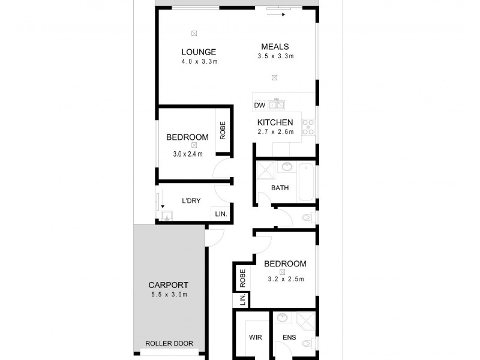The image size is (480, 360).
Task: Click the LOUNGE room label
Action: click(x=199, y=52)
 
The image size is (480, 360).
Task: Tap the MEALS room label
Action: click(x=275, y=47)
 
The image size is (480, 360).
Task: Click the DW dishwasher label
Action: click(x=259, y=106)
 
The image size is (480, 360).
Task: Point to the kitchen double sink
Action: click(x=276, y=106)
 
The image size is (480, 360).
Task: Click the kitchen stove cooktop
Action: click(x=308, y=127)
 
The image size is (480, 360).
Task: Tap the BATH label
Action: click(x=280, y=188)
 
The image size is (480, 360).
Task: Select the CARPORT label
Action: click(x=169, y=285)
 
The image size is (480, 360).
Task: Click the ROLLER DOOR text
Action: click(x=169, y=344)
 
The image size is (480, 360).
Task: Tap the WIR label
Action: click(x=256, y=337)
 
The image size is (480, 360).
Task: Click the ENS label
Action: click(x=289, y=337)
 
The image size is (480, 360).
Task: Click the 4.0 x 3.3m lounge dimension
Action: click(x=199, y=61)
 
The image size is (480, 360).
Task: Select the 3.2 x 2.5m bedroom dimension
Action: click(x=286, y=278)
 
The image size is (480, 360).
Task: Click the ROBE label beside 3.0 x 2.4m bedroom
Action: click(x=223, y=130)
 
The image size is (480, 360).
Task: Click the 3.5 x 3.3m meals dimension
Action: click(x=275, y=56)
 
